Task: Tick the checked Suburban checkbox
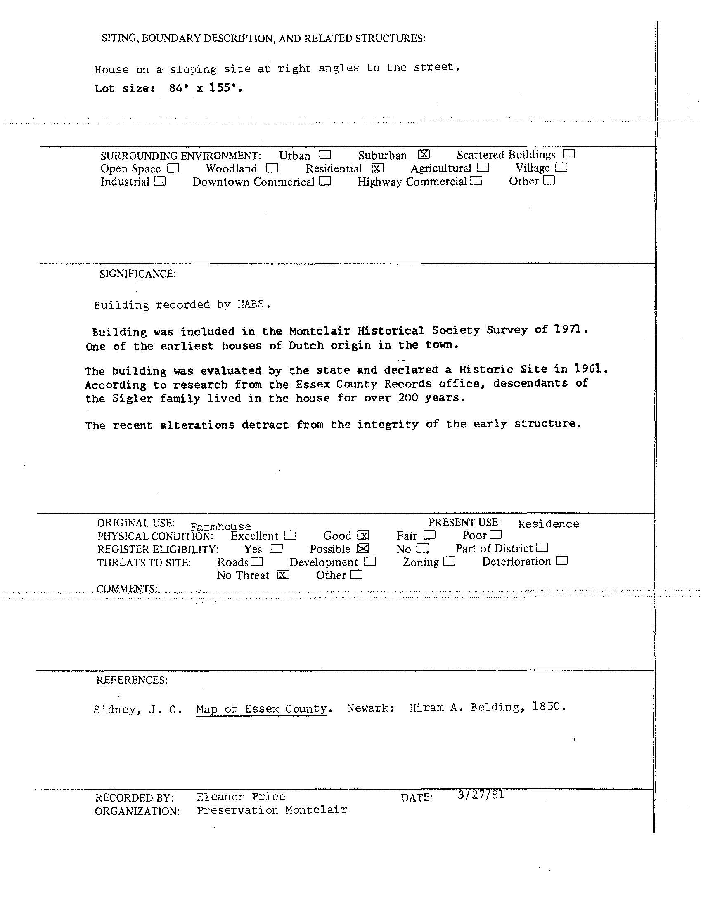pos(423,155)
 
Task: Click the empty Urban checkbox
pos(325,155)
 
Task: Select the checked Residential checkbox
pos(378,168)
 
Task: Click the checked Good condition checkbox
pos(363,535)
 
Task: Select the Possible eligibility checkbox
pos(363,548)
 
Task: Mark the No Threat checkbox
pos(283,575)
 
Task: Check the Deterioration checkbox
pos(561,561)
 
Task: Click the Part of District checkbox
pos(542,547)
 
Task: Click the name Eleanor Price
pos(241,797)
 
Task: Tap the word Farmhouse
pos(220,526)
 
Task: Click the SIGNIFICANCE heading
pos(137,274)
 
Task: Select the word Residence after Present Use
pos(548,524)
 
